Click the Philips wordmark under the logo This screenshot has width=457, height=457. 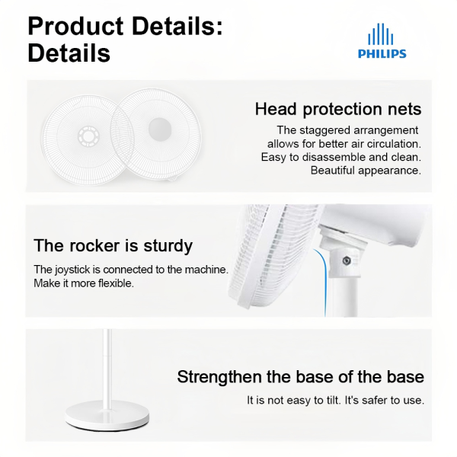point(382,54)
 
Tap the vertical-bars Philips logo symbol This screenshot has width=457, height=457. point(382,34)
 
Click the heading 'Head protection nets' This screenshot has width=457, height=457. point(338,109)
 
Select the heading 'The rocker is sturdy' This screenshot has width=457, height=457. point(113,246)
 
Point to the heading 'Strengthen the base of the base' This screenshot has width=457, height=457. point(301,377)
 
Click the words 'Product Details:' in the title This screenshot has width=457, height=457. point(125,26)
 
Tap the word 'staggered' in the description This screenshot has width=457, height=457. point(338,130)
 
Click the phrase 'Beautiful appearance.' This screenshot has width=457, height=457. point(366,170)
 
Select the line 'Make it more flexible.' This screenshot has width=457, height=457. point(84,283)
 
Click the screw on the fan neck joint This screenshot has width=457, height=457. point(347,261)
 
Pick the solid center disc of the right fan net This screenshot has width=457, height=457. point(159,126)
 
